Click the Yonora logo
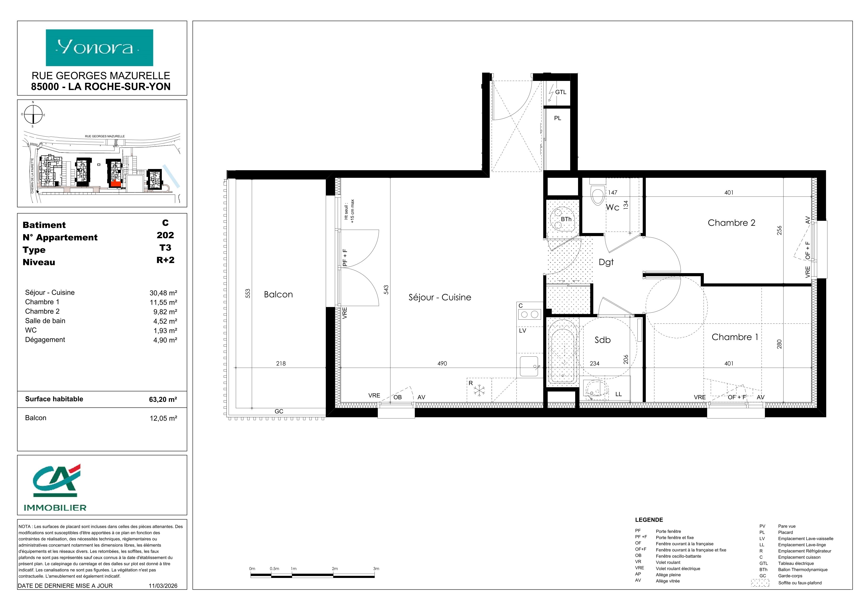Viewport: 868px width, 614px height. click(100, 48)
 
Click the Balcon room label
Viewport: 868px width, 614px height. click(278, 295)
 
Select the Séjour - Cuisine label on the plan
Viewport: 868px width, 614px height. click(440, 297)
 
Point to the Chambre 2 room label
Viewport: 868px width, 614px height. click(731, 223)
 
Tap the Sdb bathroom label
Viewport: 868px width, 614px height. click(603, 340)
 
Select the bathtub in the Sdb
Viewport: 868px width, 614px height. click(563, 356)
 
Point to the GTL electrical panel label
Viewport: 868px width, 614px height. click(561, 92)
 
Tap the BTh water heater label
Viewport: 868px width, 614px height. click(566, 219)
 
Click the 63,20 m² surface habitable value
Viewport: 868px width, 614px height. click(163, 399)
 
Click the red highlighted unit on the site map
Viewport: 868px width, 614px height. click(116, 184)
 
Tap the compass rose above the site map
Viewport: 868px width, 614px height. click(33, 115)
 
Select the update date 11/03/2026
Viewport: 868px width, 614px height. click(163, 586)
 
